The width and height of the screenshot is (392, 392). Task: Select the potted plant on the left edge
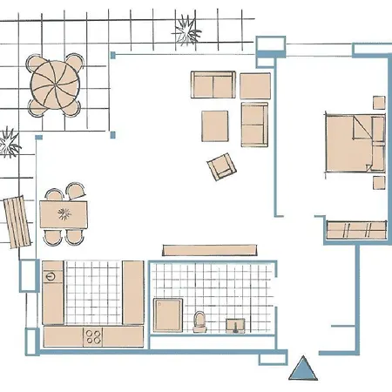click(x=9, y=141)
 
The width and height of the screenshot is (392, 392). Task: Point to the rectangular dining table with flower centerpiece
click(x=64, y=213)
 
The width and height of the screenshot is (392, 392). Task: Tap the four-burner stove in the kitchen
click(x=95, y=335)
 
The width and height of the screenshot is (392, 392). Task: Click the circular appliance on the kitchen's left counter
click(x=51, y=277)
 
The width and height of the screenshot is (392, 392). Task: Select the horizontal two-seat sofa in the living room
click(x=213, y=85)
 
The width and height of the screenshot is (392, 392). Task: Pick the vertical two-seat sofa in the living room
click(x=254, y=124)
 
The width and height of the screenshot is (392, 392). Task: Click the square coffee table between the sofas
click(x=216, y=125)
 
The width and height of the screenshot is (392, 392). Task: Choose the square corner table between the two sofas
click(x=255, y=84)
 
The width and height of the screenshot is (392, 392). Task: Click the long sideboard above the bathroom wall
click(x=213, y=250)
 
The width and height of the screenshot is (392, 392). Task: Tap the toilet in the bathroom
click(x=200, y=321)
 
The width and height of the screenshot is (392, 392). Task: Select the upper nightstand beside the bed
click(x=378, y=102)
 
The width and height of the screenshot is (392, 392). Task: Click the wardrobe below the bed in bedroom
click(x=355, y=229)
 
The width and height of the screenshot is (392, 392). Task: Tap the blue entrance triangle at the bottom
click(x=302, y=369)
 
